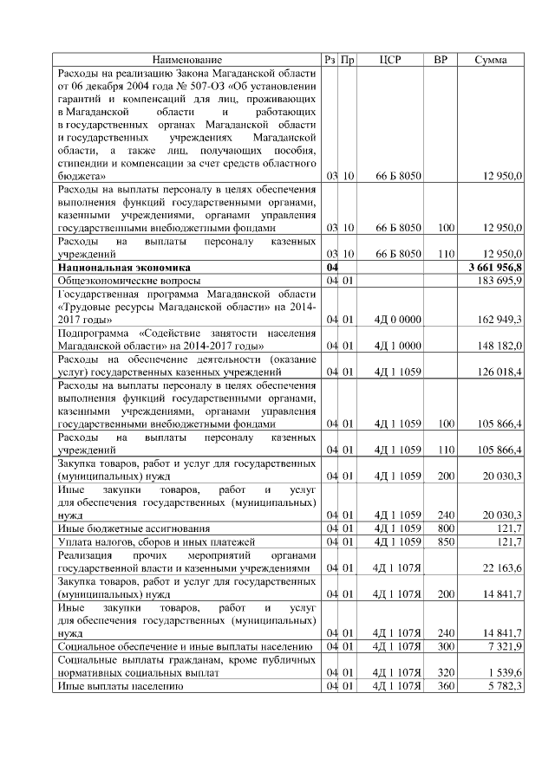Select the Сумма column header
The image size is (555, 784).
point(492,60)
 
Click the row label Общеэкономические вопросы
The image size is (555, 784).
point(128,282)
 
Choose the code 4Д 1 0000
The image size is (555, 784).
point(397,347)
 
